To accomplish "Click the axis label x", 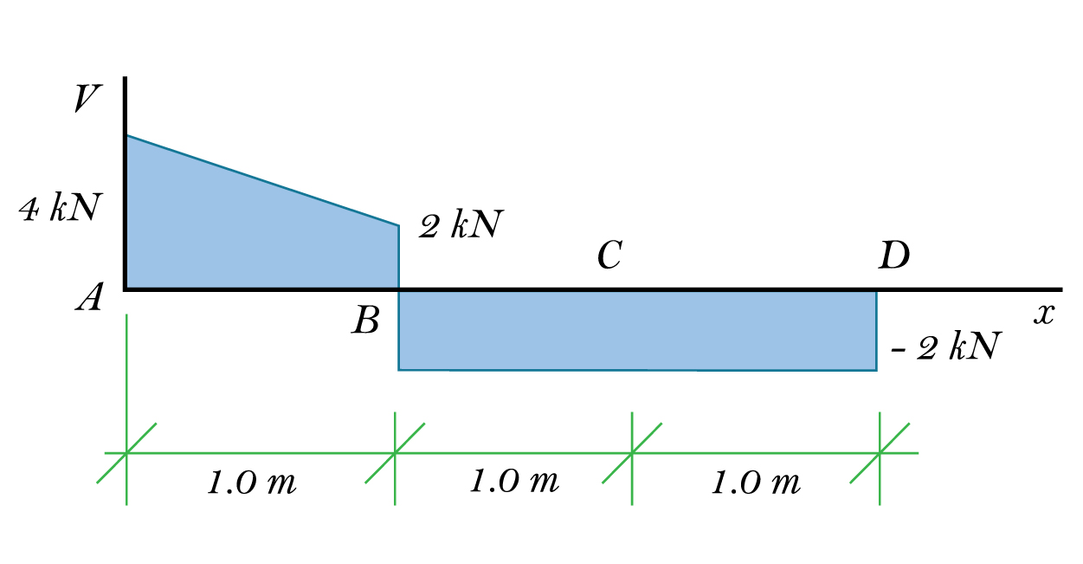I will click(1043, 314).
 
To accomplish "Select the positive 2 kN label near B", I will click(460, 226).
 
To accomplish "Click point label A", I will click(89, 299).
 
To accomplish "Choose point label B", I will click(365, 322).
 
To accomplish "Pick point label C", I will click(609, 256).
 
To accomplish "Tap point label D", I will click(894, 256).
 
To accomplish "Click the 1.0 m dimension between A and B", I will click(252, 483).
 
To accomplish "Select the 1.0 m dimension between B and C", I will click(514, 481).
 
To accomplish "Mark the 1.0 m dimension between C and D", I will click(756, 483).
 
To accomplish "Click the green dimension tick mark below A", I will click(126, 452).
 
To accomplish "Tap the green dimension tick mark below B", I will click(396, 452).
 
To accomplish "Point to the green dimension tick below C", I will click(632, 452).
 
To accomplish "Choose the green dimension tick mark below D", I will click(880, 452).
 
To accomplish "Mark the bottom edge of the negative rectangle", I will click(636, 370).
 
